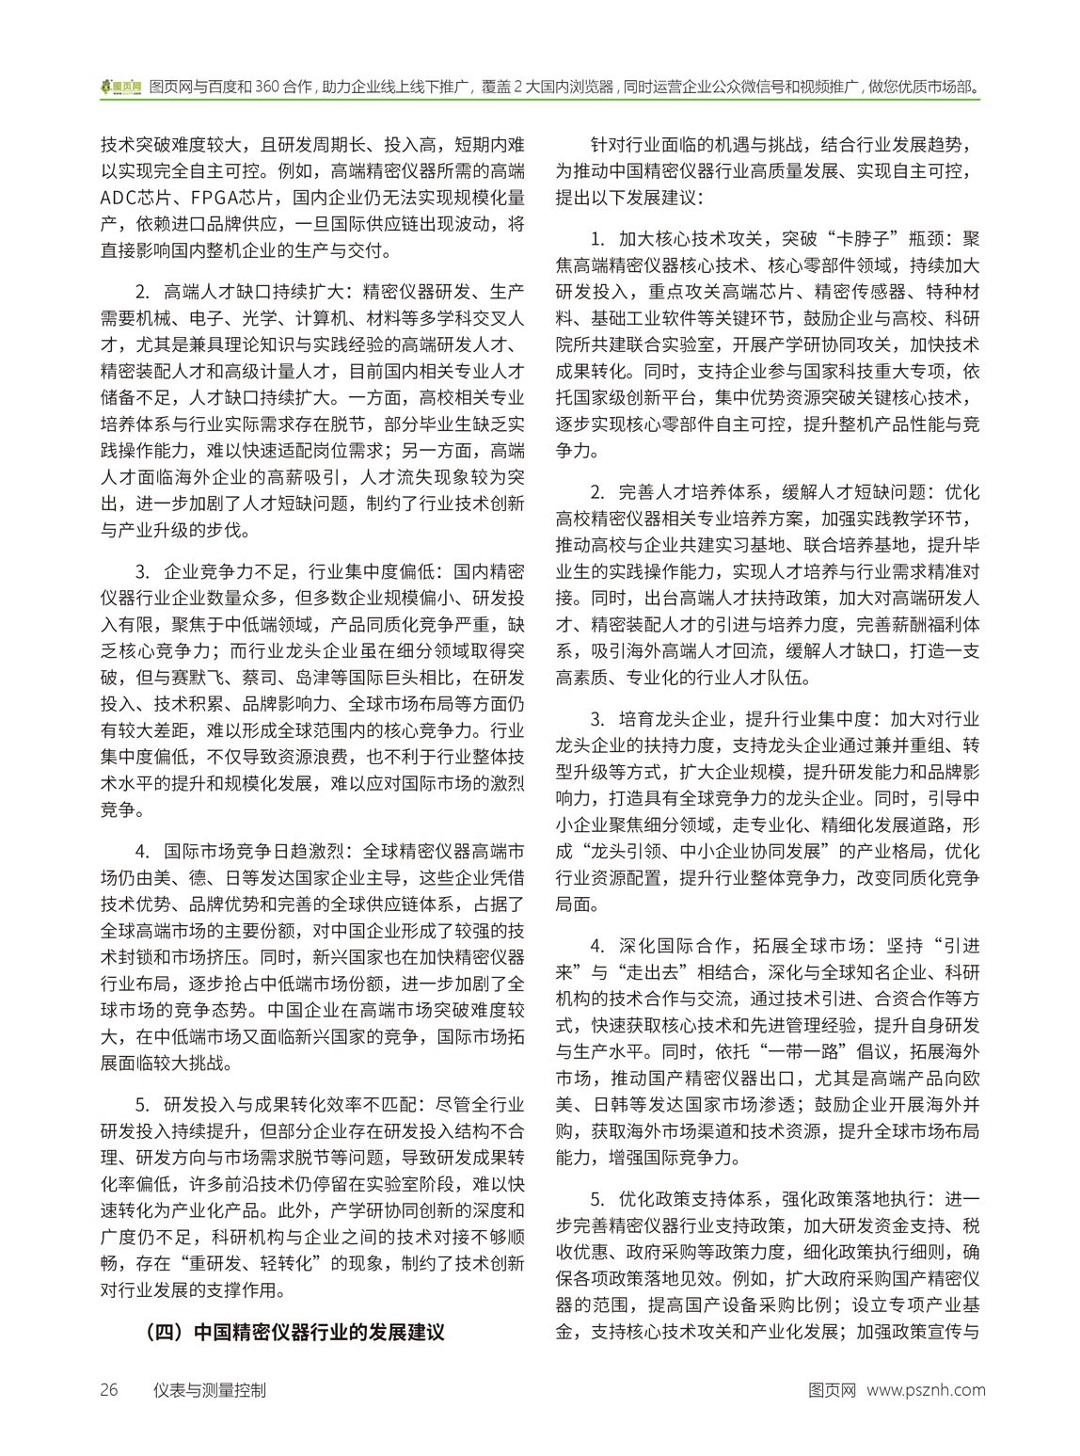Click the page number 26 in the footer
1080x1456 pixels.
(x=109, y=1389)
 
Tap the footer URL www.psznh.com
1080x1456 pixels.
(x=926, y=1389)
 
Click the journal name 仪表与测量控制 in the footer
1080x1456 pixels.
(x=210, y=1389)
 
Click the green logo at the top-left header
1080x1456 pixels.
(x=120, y=87)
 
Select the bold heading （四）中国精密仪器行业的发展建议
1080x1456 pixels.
(x=294, y=1334)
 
